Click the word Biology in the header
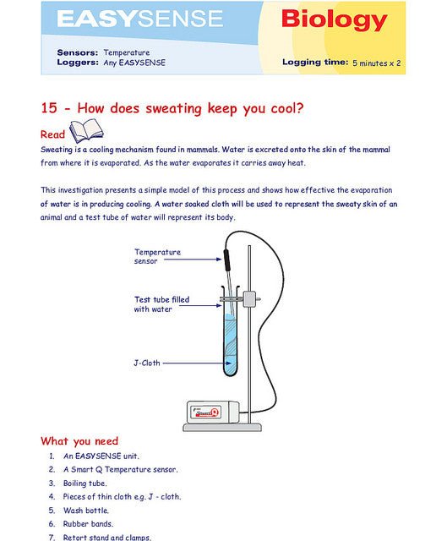335,20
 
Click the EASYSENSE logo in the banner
140,19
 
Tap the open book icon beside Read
86,130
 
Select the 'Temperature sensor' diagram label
157,256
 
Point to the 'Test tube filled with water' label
161,304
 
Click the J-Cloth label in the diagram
147,363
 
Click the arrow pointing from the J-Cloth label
197,363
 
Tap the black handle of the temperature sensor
226,260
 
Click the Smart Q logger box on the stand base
213,412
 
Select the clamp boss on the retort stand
249,299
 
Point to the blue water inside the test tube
230,345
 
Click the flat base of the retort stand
222,428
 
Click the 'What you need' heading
79,441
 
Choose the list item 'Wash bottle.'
86,511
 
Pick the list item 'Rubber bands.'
88,524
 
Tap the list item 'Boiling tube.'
84,483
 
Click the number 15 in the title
49,108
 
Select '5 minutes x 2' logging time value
377,63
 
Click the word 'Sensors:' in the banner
78,52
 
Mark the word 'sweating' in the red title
173,109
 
